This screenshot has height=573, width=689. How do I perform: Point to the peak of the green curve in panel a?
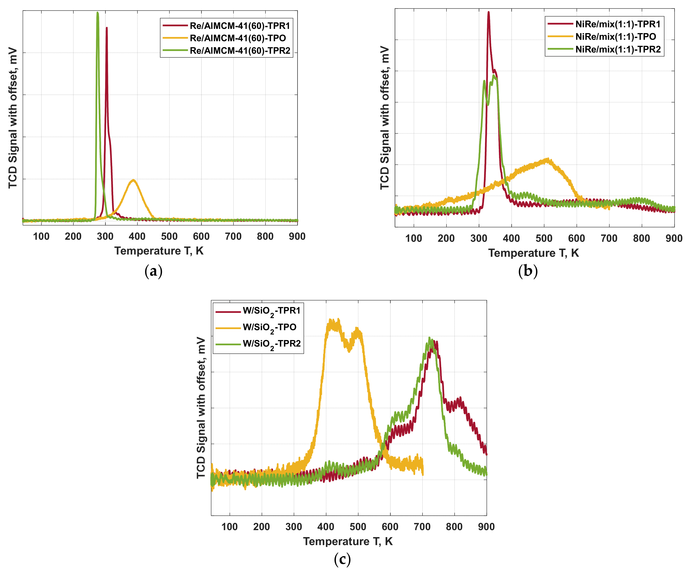(97, 13)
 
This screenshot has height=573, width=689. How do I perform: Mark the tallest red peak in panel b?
(489, 13)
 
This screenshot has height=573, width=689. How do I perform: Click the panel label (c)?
(342, 559)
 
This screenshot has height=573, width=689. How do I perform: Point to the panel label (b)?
(528, 271)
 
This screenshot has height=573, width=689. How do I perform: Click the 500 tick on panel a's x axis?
(169, 236)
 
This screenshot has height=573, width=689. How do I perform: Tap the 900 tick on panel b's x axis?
(674, 238)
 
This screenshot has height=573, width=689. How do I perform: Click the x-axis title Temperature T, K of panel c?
(348, 541)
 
